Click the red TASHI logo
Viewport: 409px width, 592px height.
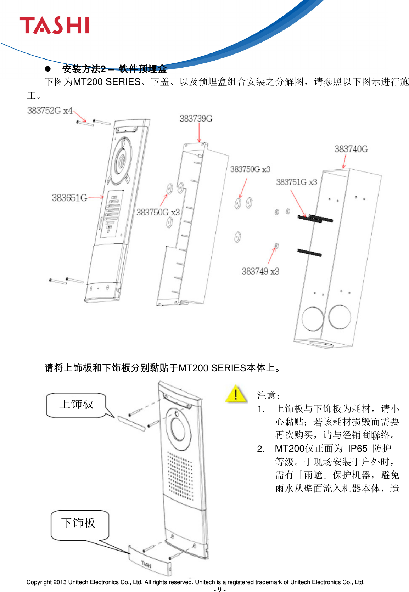coord(54,26)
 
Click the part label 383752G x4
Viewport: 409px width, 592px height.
coord(50,111)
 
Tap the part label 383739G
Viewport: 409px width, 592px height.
coord(196,119)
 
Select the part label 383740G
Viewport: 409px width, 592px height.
coord(351,149)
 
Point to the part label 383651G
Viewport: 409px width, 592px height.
coord(69,198)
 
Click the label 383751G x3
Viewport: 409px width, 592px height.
coord(296,182)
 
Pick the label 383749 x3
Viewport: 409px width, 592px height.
coord(260,271)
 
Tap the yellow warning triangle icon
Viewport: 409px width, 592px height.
coord(236,394)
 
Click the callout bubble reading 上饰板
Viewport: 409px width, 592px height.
coord(77,405)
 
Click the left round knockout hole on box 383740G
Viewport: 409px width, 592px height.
coord(313,318)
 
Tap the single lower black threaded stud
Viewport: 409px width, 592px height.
coord(309,253)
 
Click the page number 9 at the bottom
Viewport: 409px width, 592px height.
coord(219,589)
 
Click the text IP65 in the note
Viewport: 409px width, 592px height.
coord(357,449)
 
